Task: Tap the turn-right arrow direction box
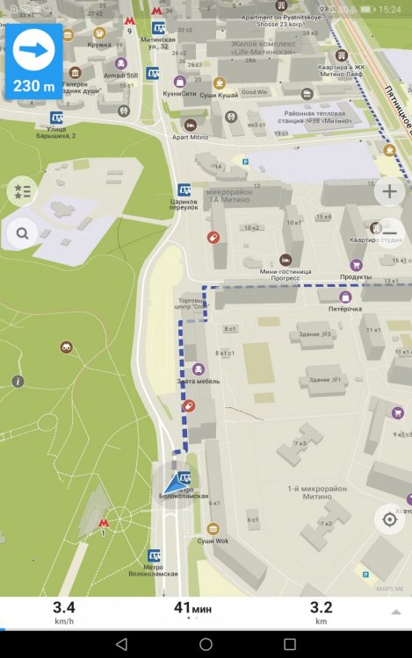tap(33, 61)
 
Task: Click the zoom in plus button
tap(389, 191)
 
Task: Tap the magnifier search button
tap(22, 233)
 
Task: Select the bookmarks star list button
tap(22, 190)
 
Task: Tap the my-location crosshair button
tap(389, 519)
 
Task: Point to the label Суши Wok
tap(213, 540)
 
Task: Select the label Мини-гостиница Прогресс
tap(286, 271)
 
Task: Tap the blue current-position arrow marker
tap(172, 482)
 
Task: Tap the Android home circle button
tap(206, 644)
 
